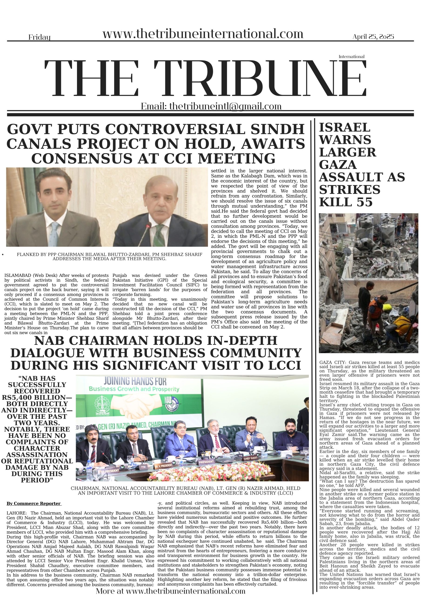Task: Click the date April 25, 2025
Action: click(x=373, y=36)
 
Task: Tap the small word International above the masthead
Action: click(x=351, y=56)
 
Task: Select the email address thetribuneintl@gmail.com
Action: click(x=225, y=106)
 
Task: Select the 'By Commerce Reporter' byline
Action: click(x=34, y=503)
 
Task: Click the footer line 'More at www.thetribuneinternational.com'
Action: click(x=170, y=591)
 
